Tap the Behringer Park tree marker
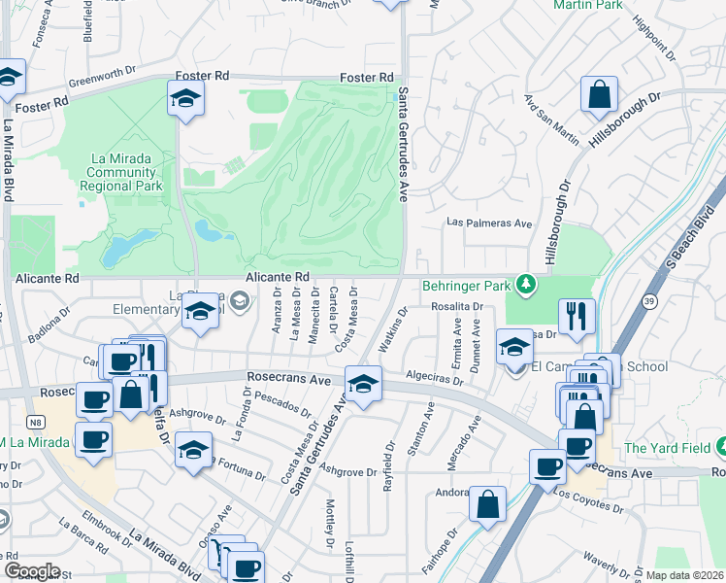point(525,284)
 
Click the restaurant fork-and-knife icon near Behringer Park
point(577,316)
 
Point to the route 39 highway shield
point(647,302)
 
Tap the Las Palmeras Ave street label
point(489,223)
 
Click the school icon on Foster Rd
point(184,97)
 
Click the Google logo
point(33,571)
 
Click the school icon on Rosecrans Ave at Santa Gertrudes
point(363,387)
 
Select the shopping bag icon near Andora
point(487,503)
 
